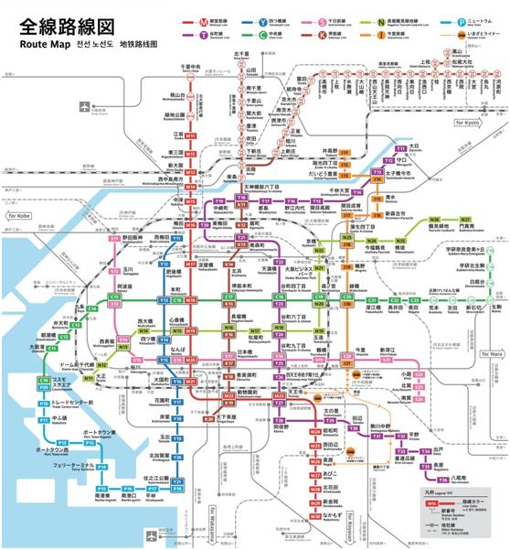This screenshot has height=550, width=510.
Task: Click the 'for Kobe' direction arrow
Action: tap(19, 215)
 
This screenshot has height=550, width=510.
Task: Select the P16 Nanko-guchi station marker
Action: tap(102, 491)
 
